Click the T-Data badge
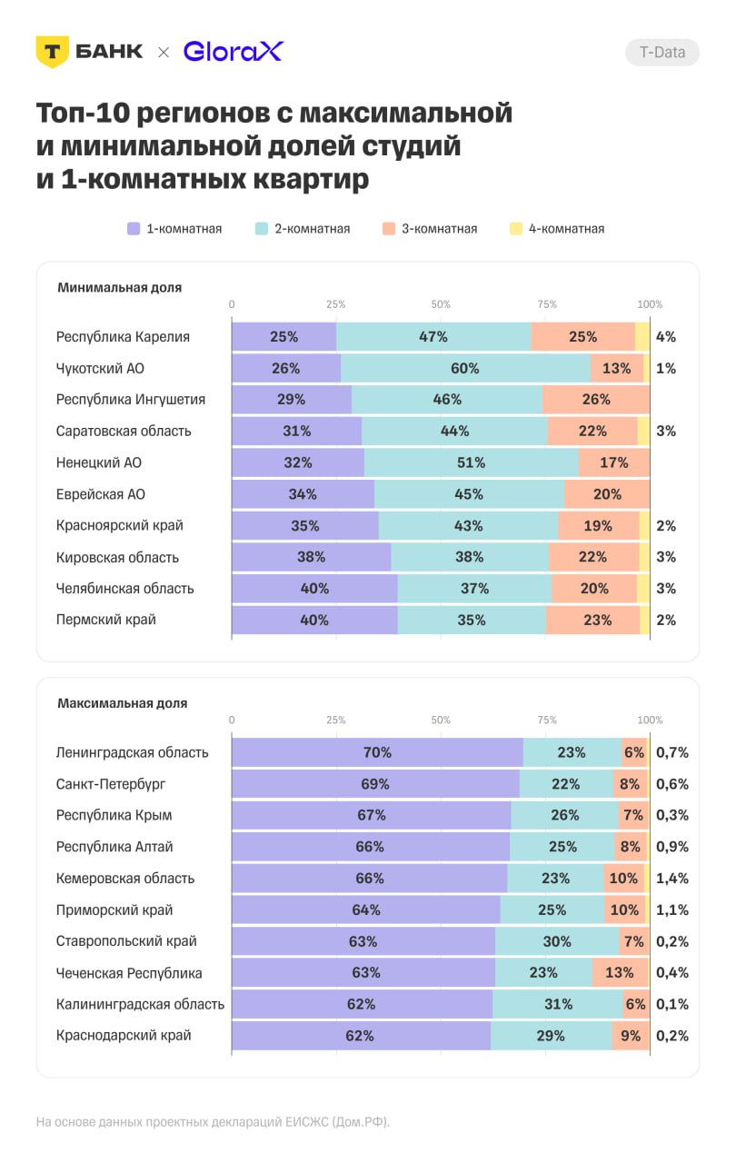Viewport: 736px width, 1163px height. (661, 52)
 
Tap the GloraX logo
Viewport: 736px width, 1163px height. (234, 52)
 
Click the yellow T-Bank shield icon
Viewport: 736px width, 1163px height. (52, 52)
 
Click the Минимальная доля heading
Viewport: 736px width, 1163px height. (119, 287)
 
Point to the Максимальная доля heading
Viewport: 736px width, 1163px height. (122, 702)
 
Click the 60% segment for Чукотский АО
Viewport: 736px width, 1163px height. (465, 369)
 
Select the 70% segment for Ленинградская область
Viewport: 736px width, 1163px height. (377, 752)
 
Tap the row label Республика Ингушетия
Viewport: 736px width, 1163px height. (131, 400)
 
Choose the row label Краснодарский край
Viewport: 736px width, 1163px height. (124, 1036)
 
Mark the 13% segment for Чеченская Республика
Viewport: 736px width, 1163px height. (620, 973)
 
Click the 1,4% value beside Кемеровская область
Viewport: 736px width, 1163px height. (671, 879)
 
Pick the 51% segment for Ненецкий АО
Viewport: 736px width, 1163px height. (472, 462)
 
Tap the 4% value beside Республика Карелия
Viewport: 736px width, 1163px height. (665, 337)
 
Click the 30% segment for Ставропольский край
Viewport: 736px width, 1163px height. (557, 941)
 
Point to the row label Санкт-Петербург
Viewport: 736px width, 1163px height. (111, 784)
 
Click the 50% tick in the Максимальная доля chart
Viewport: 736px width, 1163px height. (441, 720)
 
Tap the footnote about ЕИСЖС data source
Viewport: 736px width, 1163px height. (213, 1121)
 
